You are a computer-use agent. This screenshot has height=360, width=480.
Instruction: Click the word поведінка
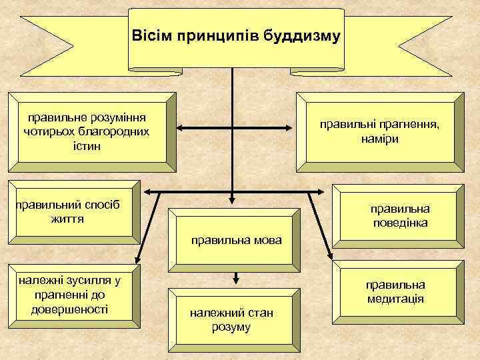point(400,223)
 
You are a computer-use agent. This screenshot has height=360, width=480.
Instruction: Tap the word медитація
point(395,299)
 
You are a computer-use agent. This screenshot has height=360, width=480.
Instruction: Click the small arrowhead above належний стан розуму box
point(235,279)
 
